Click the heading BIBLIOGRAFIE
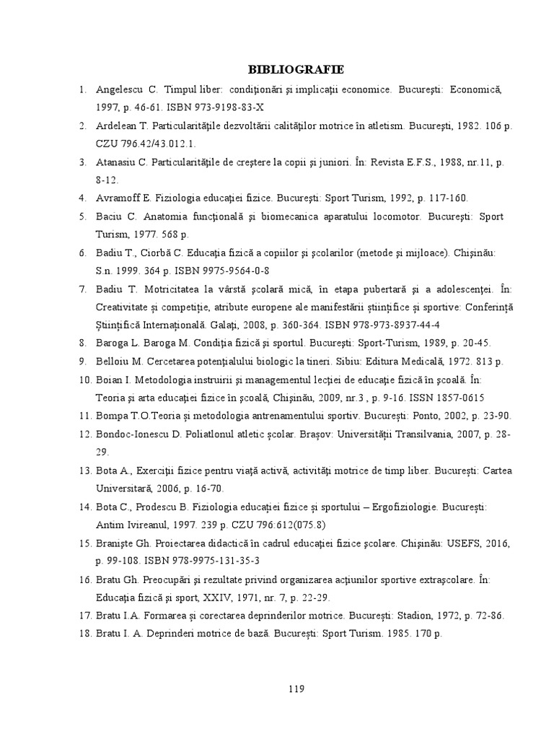click(296, 69)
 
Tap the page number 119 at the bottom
click(296, 688)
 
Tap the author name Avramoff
click(118, 196)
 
